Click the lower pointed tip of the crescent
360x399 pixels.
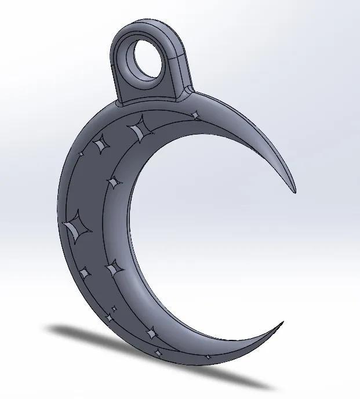282,323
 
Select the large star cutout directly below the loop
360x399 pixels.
139,129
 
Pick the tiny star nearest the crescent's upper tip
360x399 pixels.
196,115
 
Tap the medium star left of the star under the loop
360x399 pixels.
101,143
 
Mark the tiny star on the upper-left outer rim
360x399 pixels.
81,154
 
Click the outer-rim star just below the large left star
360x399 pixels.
85,273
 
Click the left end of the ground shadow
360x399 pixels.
55,329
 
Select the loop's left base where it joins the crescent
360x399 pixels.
119,103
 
